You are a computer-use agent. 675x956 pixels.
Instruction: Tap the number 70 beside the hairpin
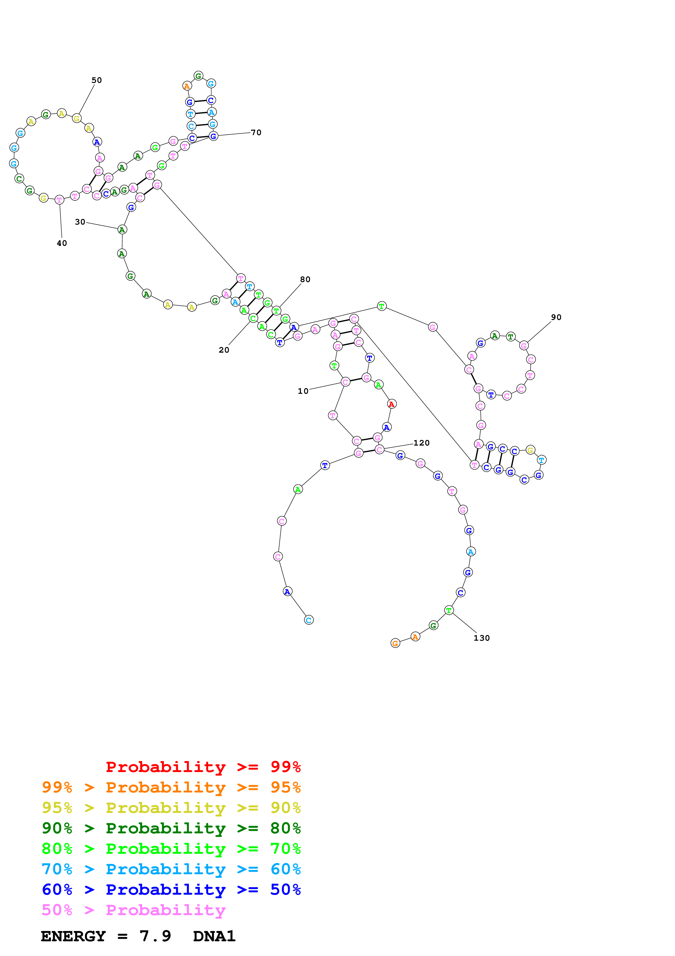256,133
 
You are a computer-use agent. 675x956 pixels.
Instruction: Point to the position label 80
305,279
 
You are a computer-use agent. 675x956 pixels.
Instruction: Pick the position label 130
482,638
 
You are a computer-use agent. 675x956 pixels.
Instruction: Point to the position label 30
80,222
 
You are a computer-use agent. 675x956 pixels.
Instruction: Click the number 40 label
62,243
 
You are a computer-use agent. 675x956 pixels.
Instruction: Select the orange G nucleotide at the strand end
395,643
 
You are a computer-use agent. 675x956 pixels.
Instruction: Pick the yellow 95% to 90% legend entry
171,808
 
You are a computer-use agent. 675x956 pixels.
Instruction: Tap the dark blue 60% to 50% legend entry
171,890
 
